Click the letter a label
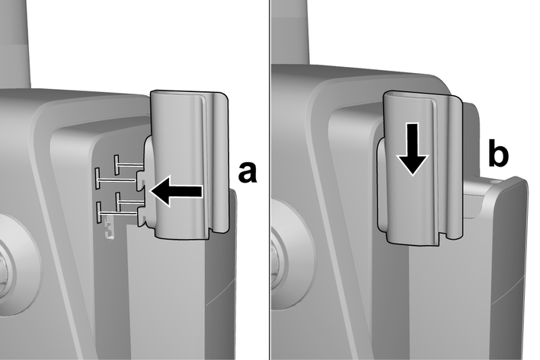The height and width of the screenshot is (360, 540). click(x=248, y=173)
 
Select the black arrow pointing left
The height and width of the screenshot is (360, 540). click(x=176, y=191)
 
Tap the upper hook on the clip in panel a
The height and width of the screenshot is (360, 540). click(x=142, y=178)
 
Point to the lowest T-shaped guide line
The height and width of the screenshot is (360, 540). click(x=118, y=213)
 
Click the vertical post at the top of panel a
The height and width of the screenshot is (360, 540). click(x=15, y=43)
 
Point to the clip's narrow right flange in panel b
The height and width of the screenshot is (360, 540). click(x=455, y=166)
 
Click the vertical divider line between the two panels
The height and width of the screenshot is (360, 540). click(x=270, y=180)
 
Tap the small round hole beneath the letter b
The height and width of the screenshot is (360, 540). click(x=495, y=180)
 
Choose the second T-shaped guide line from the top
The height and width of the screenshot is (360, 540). click(x=116, y=179)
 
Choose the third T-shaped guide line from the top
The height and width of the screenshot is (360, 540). click(x=130, y=202)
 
